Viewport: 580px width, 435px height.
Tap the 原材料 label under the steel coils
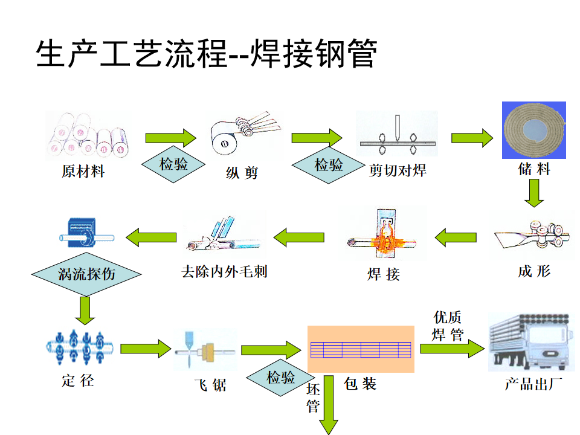[83, 172]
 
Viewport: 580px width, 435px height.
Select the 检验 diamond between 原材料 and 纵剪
[173, 164]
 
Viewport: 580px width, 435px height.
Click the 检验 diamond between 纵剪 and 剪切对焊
[329, 165]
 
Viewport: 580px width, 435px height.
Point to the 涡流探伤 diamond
[86, 274]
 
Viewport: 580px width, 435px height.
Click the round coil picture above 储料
[534, 130]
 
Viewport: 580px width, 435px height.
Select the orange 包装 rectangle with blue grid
[361, 349]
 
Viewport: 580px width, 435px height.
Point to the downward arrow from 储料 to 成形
[534, 193]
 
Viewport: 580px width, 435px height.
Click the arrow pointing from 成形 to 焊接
[457, 237]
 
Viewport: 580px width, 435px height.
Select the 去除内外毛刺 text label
[224, 271]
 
